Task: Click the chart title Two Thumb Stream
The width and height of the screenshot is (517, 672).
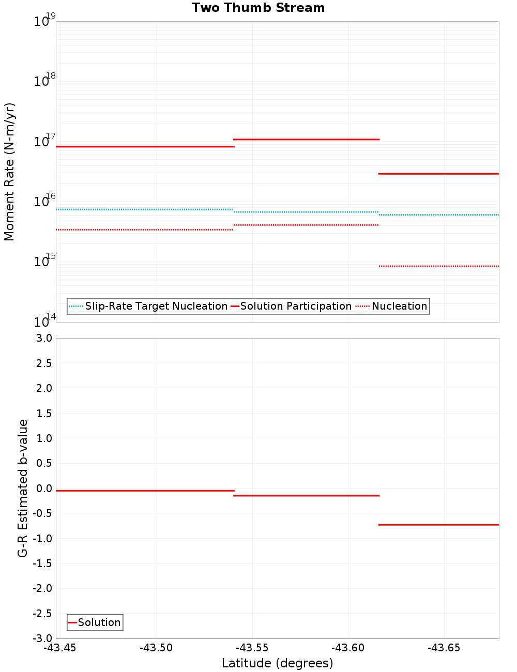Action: tap(258, 8)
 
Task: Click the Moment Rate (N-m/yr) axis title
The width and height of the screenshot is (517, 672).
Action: tap(9, 172)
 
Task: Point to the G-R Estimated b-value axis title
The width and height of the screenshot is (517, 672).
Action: tap(23, 488)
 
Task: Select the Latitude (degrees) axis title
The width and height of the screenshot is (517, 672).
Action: tap(277, 663)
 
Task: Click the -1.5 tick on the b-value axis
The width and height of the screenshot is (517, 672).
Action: tap(42, 563)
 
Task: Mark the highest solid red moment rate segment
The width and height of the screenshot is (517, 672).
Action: tap(306, 139)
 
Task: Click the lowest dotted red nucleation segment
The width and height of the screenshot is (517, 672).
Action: tap(438, 266)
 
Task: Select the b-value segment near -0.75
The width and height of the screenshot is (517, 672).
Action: tap(438, 525)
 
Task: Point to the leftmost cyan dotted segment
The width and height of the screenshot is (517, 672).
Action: tap(145, 209)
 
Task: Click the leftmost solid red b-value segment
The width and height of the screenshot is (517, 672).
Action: tap(145, 491)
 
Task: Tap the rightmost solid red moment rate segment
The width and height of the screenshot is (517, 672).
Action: tap(438, 174)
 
